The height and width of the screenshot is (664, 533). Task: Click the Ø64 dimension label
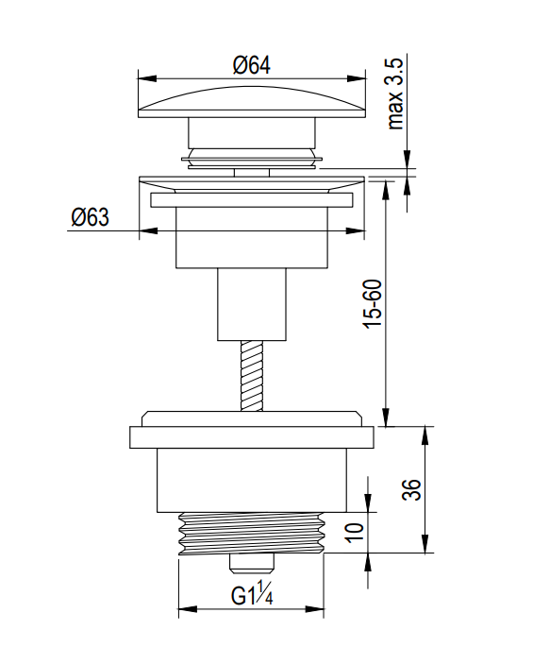[251, 65]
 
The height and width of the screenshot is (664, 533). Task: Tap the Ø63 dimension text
[91, 217]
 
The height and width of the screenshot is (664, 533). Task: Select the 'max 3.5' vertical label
[395, 94]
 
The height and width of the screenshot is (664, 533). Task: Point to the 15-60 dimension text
[373, 303]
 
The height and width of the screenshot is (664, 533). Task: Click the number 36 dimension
[411, 490]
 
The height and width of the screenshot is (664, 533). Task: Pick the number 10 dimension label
[355, 533]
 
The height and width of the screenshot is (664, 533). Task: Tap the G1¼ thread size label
[252, 594]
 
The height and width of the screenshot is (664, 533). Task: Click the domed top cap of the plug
[252, 102]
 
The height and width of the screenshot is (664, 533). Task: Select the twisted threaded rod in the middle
[251, 376]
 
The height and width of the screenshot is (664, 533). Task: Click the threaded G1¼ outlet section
[252, 533]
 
